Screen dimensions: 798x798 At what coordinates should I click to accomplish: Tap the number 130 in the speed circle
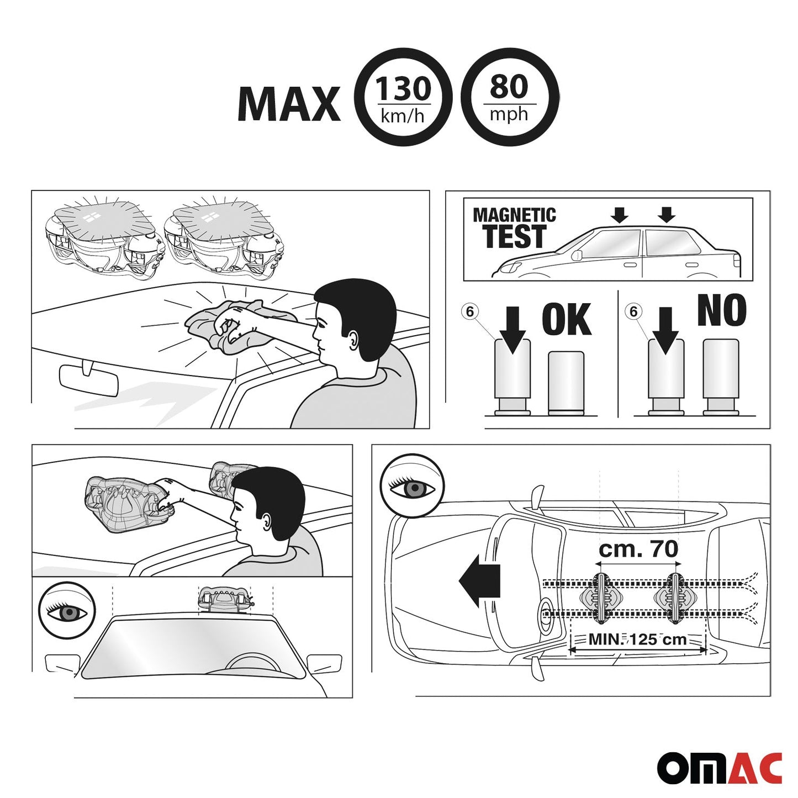pyautogui.click(x=403, y=88)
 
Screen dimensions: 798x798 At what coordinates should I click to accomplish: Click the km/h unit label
pyautogui.click(x=403, y=116)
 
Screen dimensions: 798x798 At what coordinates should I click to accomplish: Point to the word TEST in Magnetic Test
pyautogui.click(x=515, y=236)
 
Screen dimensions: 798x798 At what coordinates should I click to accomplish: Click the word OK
pyautogui.click(x=567, y=320)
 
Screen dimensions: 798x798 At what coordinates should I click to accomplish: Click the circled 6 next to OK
pyautogui.click(x=469, y=311)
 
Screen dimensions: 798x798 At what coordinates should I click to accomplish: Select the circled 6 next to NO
pyautogui.click(x=633, y=311)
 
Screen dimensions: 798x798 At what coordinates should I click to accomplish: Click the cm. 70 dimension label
pyautogui.click(x=638, y=549)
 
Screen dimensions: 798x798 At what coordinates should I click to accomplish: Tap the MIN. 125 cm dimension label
pyautogui.click(x=637, y=639)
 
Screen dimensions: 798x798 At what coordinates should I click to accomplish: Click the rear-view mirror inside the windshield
pyautogui.click(x=88, y=378)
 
